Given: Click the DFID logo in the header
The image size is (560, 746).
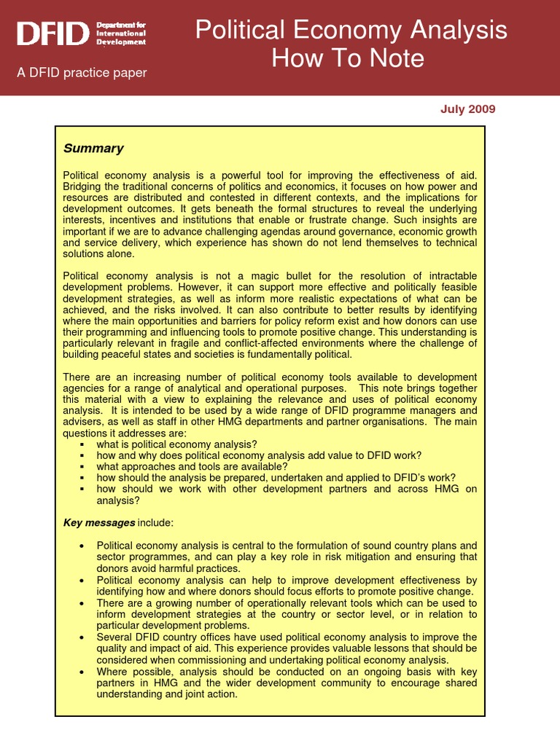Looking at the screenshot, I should pyautogui.click(x=54, y=33).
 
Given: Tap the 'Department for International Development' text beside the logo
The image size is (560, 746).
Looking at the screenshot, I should pyautogui.click(x=121, y=34).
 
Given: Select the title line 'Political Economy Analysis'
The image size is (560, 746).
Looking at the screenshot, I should pyautogui.click(x=351, y=31).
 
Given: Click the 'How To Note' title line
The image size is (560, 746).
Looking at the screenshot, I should pyautogui.click(x=348, y=58).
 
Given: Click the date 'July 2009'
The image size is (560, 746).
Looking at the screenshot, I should pyautogui.click(x=467, y=109).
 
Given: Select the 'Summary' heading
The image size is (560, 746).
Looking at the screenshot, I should pyautogui.click(x=93, y=149).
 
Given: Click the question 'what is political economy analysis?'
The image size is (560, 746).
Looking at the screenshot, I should pyautogui.click(x=176, y=444).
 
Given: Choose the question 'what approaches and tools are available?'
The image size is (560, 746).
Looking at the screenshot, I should pyautogui.click(x=192, y=466).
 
